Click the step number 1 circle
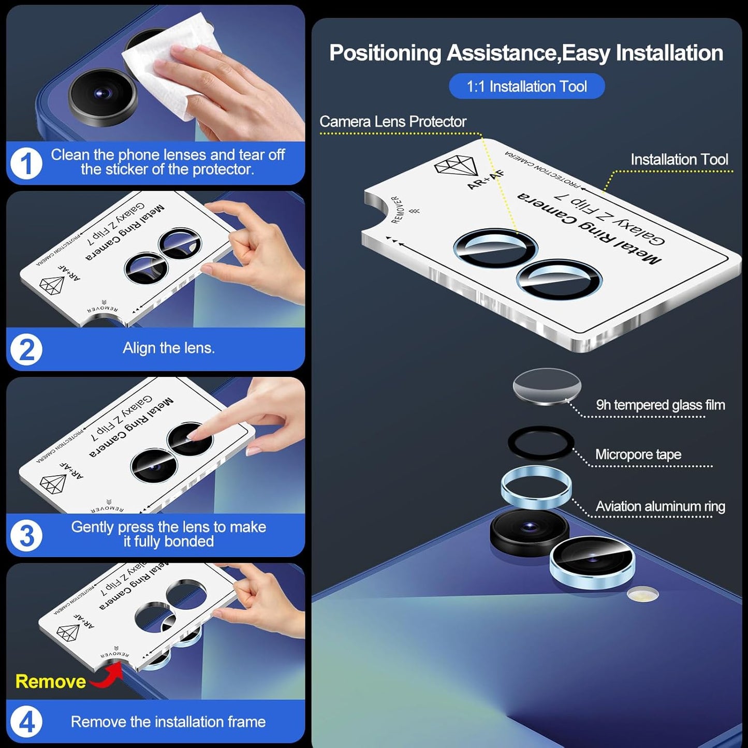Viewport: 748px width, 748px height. (26, 164)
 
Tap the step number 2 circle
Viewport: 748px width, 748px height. (26, 349)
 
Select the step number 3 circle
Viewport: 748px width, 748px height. (26, 535)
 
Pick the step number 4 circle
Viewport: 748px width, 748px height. (26, 722)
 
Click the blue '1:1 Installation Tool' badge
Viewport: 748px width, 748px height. (526, 86)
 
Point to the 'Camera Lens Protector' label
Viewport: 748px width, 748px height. (393, 122)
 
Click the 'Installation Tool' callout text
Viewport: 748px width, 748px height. (679, 159)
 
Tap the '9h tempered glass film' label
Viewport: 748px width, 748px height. (660, 405)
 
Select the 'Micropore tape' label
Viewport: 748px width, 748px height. (638, 454)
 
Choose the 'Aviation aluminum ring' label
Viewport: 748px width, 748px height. (660, 506)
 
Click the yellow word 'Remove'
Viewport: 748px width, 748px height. (51, 681)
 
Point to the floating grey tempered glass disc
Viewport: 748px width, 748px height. (547, 386)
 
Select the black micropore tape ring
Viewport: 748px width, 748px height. (540, 443)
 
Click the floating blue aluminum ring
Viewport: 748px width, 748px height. (536, 489)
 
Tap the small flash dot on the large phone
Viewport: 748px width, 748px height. (642, 594)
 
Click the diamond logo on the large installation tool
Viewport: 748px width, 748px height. (453, 166)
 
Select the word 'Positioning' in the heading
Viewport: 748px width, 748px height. (385, 53)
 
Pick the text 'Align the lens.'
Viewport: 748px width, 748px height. (169, 348)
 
